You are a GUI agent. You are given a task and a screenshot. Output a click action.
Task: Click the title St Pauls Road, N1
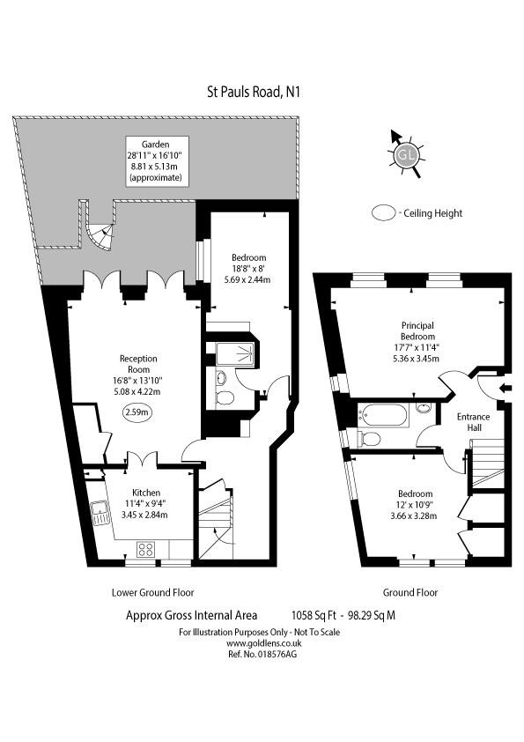(x=254, y=91)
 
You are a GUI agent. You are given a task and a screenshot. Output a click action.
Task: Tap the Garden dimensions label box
(x=157, y=161)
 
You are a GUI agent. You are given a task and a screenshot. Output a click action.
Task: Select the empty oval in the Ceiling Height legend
(x=384, y=213)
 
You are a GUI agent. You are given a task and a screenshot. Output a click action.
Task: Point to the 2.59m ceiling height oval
(x=137, y=412)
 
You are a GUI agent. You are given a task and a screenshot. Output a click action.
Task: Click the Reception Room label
(x=138, y=364)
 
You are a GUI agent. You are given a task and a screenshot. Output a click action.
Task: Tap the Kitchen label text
(x=146, y=493)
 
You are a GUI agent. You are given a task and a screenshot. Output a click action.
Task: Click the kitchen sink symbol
(x=100, y=514)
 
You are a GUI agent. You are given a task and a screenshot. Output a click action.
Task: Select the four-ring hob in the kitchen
(x=145, y=549)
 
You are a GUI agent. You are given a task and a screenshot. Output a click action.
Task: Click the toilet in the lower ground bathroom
(x=225, y=397)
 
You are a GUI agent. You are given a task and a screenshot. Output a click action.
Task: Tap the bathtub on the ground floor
(x=382, y=415)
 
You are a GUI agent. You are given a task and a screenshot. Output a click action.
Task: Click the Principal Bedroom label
(x=417, y=330)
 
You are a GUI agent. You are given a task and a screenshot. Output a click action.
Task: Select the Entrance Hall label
(x=473, y=421)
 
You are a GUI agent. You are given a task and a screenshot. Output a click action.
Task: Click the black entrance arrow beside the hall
(x=506, y=388)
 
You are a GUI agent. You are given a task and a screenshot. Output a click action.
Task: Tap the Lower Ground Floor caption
(x=152, y=592)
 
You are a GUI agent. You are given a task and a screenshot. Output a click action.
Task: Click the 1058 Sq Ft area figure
(x=314, y=615)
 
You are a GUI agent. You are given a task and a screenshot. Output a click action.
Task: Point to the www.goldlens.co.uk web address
(x=264, y=643)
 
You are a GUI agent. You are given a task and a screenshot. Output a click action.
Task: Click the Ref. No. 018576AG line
(x=262, y=654)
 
